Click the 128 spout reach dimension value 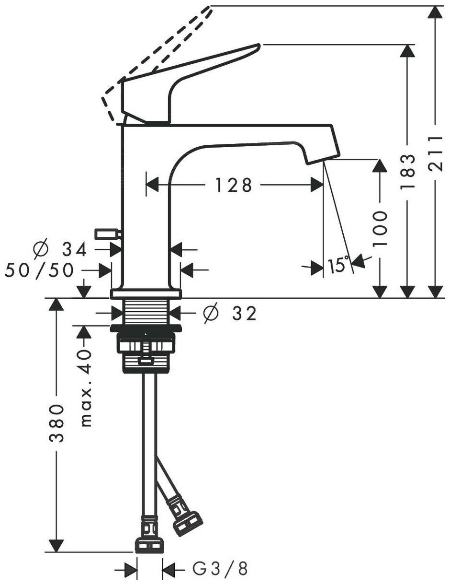(233, 184)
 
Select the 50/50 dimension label (39, 270)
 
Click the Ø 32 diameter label (230, 314)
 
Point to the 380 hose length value (57, 424)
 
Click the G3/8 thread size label (220, 569)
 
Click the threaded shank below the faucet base (146, 311)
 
